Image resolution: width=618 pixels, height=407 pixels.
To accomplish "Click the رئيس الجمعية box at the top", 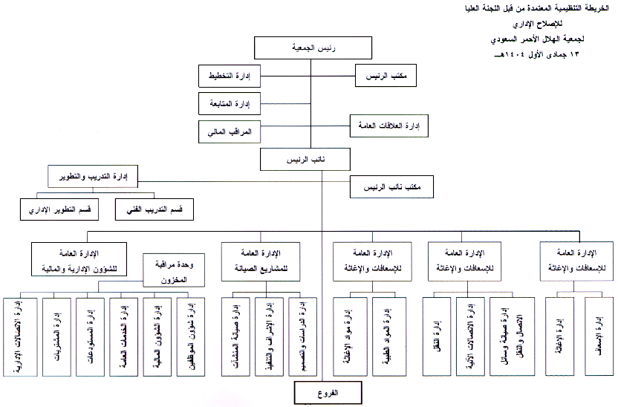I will pos(311,48).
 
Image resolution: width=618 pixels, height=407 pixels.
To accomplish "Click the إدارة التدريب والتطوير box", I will pos(95,177).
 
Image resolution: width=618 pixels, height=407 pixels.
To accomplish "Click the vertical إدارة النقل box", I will pos(438,330).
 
